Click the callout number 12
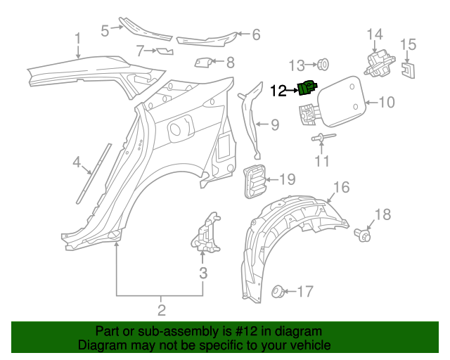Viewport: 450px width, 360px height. coord(278,90)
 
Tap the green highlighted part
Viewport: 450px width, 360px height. coord(307,88)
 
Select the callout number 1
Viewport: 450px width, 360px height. coord(78,39)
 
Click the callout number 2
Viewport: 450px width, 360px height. coord(161,310)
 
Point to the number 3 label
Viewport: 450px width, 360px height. coord(202,273)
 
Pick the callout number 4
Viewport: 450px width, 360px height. coord(77,163)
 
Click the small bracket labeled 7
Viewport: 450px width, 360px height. coord(165,51)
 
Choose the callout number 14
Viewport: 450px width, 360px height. coord(375,34)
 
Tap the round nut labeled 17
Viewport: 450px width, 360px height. coord(278,290)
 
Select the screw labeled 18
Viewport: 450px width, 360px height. coord(364,234)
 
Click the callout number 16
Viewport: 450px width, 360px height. coord(340,187)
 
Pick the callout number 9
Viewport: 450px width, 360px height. coord(274,126)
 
